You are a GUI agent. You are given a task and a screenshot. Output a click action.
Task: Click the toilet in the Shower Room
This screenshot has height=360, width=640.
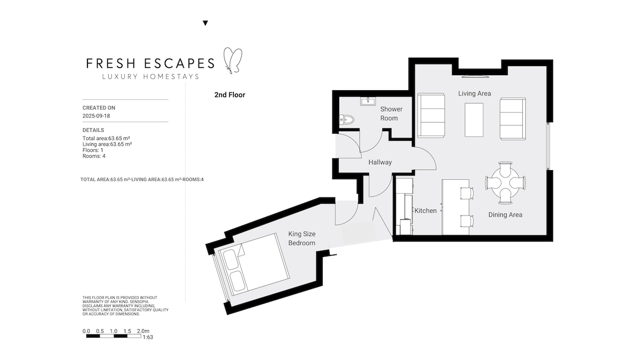(346, 119)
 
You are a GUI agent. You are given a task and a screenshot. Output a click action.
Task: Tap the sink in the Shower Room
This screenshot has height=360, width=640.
(367, 101)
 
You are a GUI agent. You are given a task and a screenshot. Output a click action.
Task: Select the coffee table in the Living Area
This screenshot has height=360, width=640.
(474, 120)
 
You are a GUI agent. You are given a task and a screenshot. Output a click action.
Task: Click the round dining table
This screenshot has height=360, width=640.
(505, 183)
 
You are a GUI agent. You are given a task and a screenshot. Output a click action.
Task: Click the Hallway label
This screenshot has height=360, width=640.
(380, 162)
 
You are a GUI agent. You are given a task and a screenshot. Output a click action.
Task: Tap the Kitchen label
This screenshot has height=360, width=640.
(426, 211)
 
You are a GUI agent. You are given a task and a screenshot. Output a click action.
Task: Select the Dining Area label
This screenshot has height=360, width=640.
(505, 215)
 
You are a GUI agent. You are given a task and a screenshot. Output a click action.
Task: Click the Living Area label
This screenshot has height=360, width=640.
(475, 93)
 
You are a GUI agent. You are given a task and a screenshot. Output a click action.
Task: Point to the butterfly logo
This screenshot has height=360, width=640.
(233, 61)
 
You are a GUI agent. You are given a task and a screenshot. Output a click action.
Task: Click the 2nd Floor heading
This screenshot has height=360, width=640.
(230, 95)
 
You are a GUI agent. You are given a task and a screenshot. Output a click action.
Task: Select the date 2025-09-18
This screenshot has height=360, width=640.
(97, 116)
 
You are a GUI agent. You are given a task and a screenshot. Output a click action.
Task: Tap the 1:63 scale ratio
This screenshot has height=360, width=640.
(148, 338)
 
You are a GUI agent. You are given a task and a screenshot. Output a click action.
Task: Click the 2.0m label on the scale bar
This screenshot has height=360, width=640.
(143, 331)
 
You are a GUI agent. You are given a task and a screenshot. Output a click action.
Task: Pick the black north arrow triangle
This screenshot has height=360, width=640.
(205, 23)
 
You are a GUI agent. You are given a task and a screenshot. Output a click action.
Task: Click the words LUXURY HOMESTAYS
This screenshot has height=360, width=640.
(150, 77)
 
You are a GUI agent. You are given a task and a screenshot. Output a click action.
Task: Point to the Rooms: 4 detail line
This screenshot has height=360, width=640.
(94, 156)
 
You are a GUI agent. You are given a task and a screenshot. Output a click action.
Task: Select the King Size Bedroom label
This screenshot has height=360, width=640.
(302, 238)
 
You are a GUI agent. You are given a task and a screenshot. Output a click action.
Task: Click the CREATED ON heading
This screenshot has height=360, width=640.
(99, 108)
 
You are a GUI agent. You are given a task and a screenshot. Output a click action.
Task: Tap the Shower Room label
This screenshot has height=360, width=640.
(391, 114)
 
